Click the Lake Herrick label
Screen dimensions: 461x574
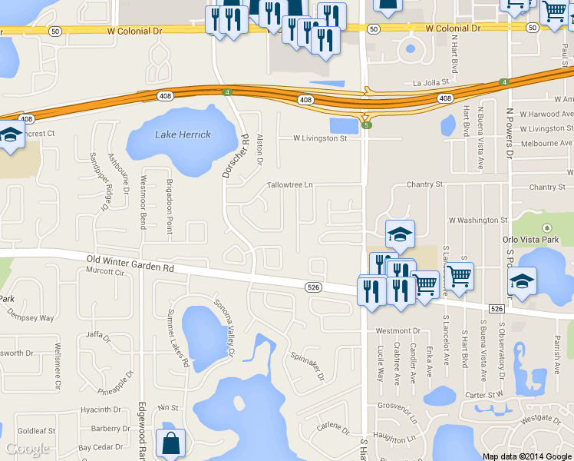(x=183, y=134)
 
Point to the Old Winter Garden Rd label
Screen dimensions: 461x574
(x=131, y=268)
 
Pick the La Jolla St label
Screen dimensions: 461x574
(x=429, y=83)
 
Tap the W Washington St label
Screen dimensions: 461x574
(x=478, y=220)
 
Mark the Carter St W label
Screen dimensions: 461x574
(x=483, y=395)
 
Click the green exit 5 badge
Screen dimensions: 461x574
(x=368, y=125)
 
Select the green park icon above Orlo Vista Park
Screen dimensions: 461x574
(x=546, y=228)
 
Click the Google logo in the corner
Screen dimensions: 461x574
(x=28, y=449)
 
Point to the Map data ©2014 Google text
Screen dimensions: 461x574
(x=526, y=456)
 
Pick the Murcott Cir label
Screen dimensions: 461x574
(x=105, y=270)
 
